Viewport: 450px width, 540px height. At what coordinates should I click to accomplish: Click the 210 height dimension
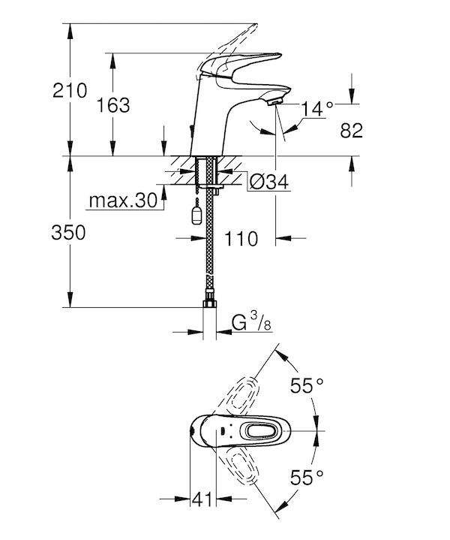coord(70,91)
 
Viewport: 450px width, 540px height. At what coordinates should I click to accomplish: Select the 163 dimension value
coord(112,105)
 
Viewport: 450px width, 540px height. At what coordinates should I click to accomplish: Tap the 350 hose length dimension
coord(68,233)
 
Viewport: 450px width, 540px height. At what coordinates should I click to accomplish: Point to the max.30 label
coord(123,201)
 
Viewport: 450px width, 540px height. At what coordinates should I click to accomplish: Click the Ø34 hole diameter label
coord(269,182)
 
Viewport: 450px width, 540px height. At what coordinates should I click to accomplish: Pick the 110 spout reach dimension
coord(241,239)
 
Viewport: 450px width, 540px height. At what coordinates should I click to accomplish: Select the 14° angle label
coord(317,109)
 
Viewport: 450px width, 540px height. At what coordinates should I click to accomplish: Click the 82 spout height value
coord(351,131)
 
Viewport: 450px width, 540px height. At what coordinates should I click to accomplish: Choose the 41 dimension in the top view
coord(202,499)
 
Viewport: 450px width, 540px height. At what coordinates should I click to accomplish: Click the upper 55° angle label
coord(307,385)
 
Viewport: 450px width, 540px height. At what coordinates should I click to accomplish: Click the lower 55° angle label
coord(307,478)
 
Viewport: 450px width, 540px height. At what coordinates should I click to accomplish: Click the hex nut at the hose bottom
coord(209,303)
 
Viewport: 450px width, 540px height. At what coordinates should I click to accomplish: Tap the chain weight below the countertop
coord(196,216)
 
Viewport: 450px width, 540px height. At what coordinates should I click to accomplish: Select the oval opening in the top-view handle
coord(262,431)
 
